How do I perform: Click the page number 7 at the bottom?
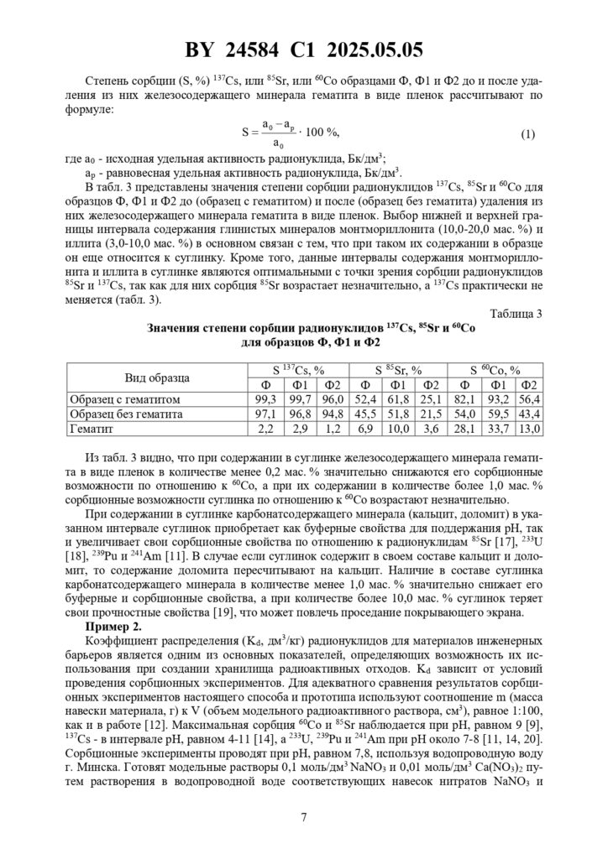click(x=304, y=817)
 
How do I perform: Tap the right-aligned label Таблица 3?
click(x=513, y=314)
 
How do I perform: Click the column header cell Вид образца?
click(x=157, y=377)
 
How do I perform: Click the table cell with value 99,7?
click(x=300, y=399)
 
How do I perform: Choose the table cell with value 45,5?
click(x=367, y=414)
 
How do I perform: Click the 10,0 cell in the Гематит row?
click(x=400, y=429)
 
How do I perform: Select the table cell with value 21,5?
click(x=431, y=414)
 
